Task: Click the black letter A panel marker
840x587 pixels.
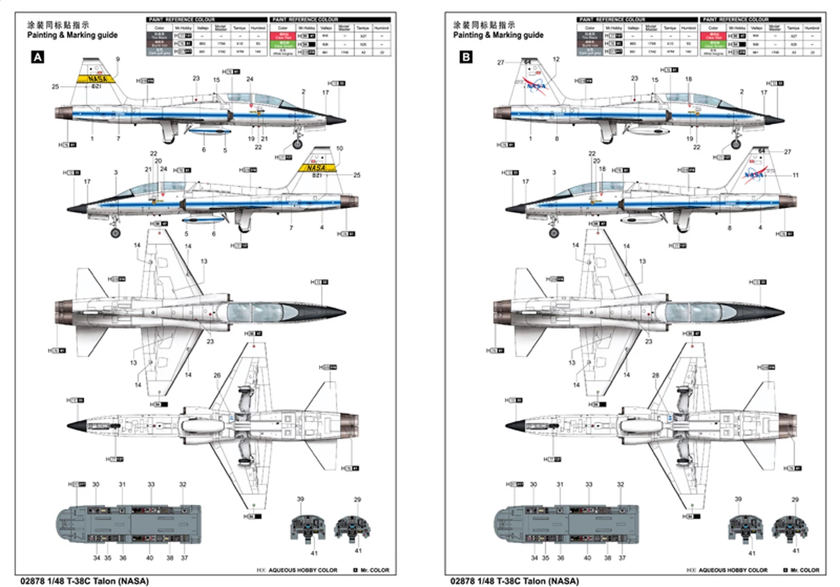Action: [x=37, y=58]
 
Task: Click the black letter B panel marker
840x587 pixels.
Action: [x=465, y=58]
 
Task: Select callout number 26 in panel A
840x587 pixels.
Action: [x=217, y=375]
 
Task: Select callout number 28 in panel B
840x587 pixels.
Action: [x=655, y=375]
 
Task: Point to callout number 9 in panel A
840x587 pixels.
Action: [x=117, y=59]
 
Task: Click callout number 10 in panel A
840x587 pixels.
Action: [x=339, y=148]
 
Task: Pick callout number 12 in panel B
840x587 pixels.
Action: [x=556, y=59]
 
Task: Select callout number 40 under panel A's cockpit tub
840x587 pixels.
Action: [x=150, y=557]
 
